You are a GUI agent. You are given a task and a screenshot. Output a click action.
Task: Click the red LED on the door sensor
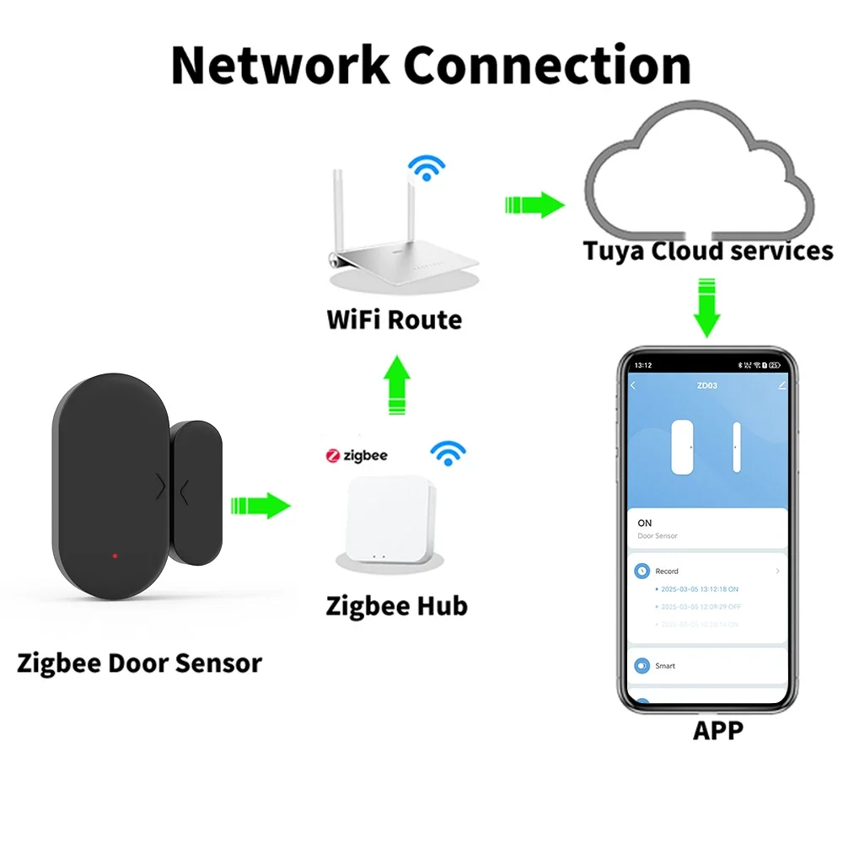115,556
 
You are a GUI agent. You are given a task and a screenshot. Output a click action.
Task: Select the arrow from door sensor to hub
260,506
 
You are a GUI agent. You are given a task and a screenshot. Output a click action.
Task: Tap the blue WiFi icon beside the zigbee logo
448,454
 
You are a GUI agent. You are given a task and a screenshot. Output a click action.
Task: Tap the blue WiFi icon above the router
427,168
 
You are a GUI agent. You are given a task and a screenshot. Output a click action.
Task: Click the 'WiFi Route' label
394,320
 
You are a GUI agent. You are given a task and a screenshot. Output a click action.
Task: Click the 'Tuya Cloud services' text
707,251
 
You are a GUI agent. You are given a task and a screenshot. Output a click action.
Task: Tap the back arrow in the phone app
634,385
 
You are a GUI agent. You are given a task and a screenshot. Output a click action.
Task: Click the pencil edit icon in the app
781,385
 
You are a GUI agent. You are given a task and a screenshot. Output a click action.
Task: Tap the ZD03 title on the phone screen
706,385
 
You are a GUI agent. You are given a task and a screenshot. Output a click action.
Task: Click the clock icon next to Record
642,571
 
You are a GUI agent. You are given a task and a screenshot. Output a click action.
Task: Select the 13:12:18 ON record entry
700,589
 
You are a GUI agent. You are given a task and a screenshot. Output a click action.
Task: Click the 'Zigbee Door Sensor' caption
139,663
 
